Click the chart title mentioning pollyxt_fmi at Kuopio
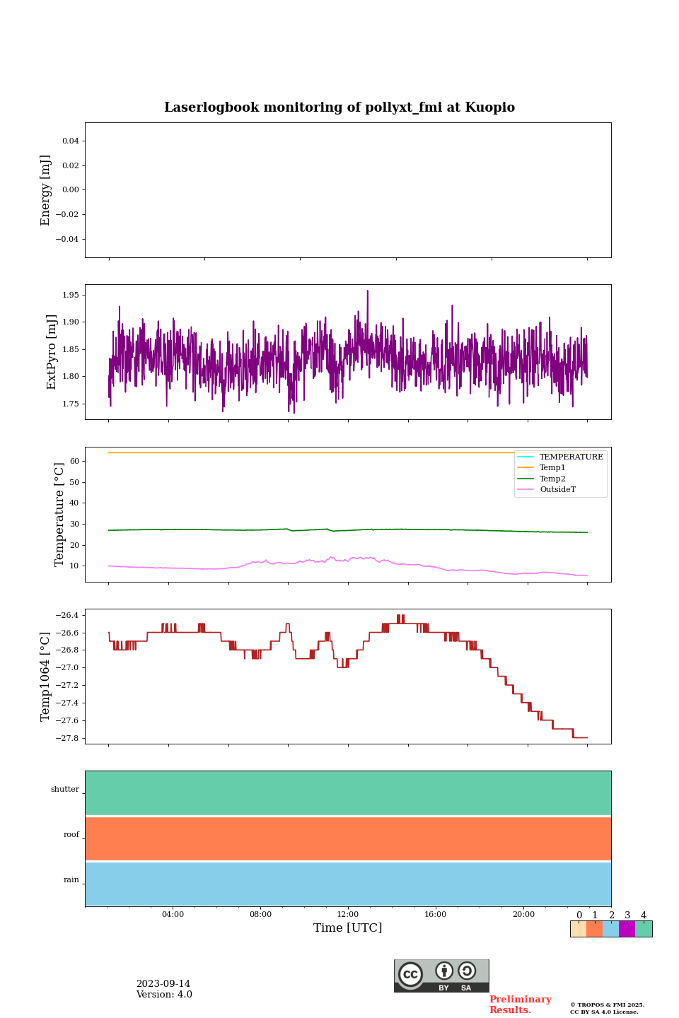pyautogui.click(x=339, y=107)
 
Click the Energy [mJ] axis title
pyautogui.click(x=46, y=190)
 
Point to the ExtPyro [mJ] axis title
pyautogui.click(x=52, y=352)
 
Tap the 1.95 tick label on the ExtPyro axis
pyautogui.click(x=70, y=295)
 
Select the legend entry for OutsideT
pyautogui.click(x=557, y=490)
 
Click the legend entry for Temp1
pyautogui.click(x=552, y=468)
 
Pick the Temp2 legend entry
pyautogui.click(x=552, y=479)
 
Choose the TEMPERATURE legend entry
pyautogui.click(x=571, y=457)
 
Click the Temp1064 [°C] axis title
pyautogui.click(x=46, y=677)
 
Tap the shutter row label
pyautogui.click(x=65, y=790)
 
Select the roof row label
pyautogui.click(x=71, y=835)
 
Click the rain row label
pyautogui.click(x=71, y=880)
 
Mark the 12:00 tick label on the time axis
pyautogui.click(x=348, y=915)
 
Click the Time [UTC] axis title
pyautogui.click(x=348, y=928)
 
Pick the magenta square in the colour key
pyautogui.click(x=627, y=929)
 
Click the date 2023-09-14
pyautogui.click(x=163, y=984)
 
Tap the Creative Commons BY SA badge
pyautogui.click(x=441, y=976)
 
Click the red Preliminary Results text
pyautogui.click(x=520, y=1005)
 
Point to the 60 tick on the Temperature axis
pyautogui.click(x=73, y=462)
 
